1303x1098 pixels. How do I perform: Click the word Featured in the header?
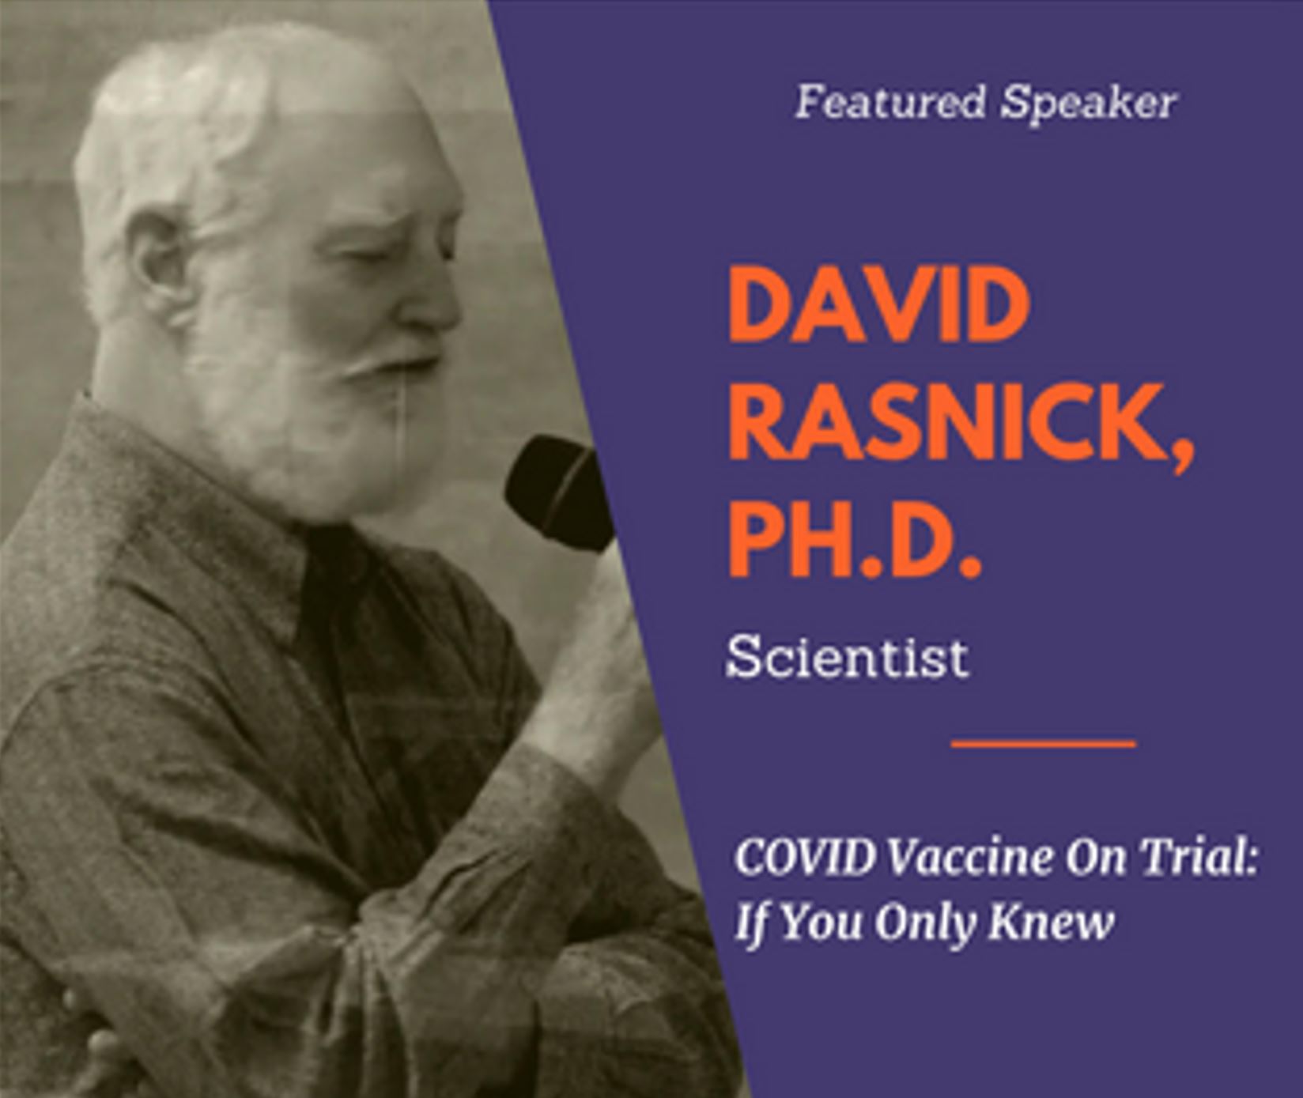(x=890, y=103)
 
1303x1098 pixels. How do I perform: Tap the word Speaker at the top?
(x=1089, y=104)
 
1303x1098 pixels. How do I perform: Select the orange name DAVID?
(x=878, y=305)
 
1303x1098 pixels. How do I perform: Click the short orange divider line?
(x=1043, y=743)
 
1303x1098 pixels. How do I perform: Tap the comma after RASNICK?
(x=1180, y=455)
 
